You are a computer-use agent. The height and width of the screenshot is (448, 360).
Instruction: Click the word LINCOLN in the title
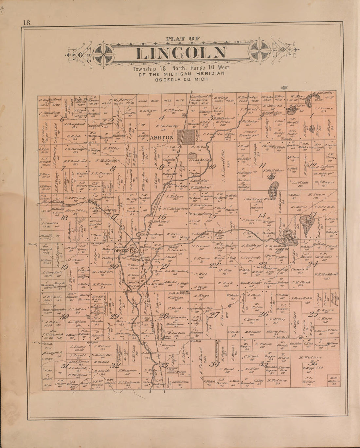click(181, 53)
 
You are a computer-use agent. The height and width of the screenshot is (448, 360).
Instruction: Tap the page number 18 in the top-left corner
click(27, 23)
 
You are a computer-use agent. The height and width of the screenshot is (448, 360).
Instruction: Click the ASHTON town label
click(161, 138)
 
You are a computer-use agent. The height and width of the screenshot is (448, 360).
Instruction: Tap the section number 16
click(162, 216)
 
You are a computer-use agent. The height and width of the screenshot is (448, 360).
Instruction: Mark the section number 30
click(65, 316)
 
